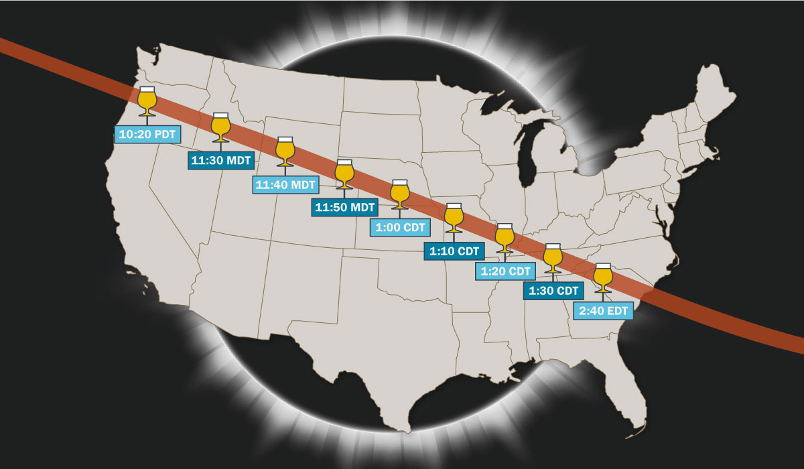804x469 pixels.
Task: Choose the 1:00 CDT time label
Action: [x=400, y=227]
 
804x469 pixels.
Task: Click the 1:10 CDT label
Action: [x=453, y=251]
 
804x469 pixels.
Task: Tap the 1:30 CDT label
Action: [x=553, y=291]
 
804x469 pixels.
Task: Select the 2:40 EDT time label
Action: [x=603, y=311]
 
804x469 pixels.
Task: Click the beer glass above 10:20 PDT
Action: [x=147, y=100]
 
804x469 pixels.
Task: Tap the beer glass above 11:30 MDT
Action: [x=220, y=125]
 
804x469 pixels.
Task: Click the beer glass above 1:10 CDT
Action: [x=454, y=215]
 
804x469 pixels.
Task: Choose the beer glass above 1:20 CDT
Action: [x=505, y=236]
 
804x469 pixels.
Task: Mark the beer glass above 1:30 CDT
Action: [x=552, y=256]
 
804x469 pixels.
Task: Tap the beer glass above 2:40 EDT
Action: [x=603, y=276]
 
